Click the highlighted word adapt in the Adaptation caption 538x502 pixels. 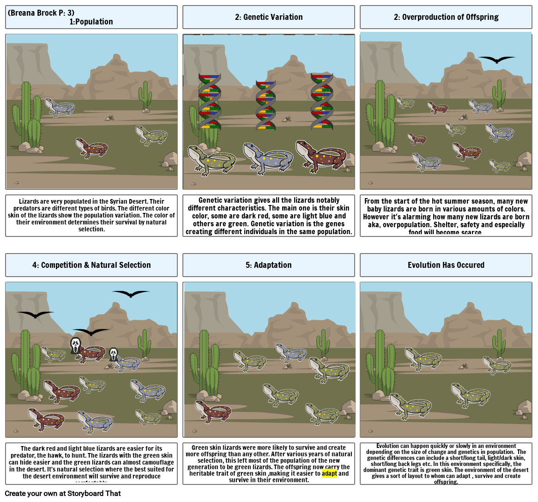pyautogui.click(x=330, y=473)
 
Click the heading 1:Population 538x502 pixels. pyautogui.click(x=91, y=22)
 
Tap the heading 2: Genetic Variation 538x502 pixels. pyautogui.click(x=268, y=17)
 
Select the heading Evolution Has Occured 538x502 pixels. pyautogui.click(x=446, y=265)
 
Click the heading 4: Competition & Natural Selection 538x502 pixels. pyautogui.click(x=91, y=265)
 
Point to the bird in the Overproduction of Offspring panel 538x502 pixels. pyautogui.click(x=497, y=59)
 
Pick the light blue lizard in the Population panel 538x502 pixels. pyautogui.click(x=60, y=107)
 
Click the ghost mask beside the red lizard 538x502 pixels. pyautogui.click(x=76, y=345)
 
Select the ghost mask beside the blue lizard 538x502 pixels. pyautogui.click(x=113, y=354)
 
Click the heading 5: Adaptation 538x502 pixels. pyautogui.click(x=268, y=265)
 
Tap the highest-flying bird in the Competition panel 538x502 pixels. pyautogui.click(x=131, y=293)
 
